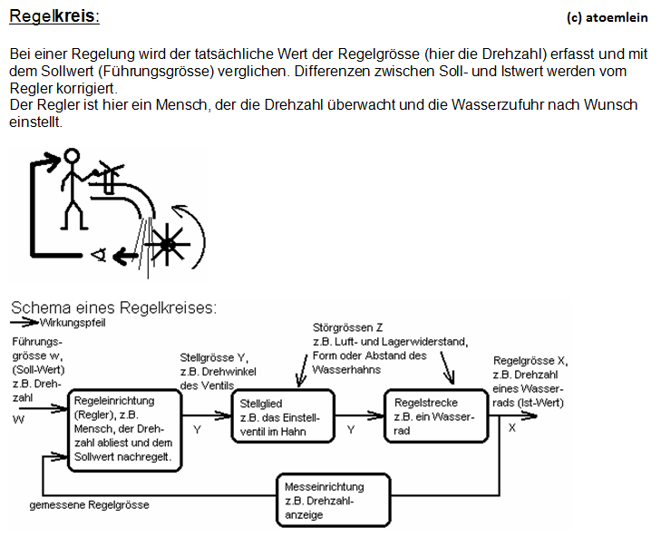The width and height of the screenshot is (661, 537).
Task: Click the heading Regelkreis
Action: (53, 16)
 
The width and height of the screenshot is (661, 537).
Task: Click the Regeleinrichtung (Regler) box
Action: (123, 429)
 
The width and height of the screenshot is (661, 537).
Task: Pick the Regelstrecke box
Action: (437, 416)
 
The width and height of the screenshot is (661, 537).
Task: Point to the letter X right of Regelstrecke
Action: (512, 427)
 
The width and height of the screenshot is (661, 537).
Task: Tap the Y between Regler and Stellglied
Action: (198, 428)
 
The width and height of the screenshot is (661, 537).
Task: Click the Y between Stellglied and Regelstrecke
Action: (351, 428)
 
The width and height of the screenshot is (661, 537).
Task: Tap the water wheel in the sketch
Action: (167, 244)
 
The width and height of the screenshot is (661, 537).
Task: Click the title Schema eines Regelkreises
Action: (113, 308)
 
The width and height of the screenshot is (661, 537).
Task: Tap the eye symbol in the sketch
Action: (98, 257)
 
